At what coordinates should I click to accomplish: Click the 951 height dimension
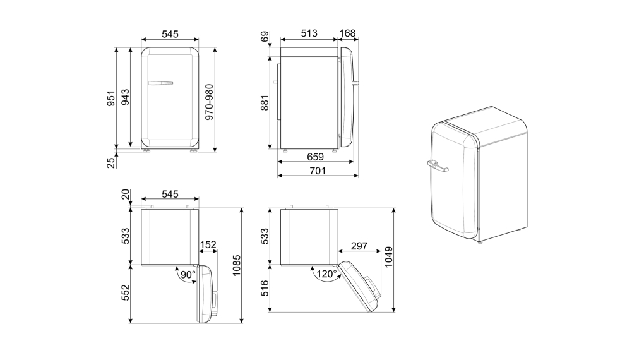(110, 98)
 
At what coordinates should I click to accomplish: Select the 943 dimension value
(125, 98)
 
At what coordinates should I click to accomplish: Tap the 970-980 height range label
(210, 101)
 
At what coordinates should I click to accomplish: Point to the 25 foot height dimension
(110, 162)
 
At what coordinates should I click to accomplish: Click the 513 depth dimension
(309, 33)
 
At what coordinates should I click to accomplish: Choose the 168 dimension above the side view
(348, 33)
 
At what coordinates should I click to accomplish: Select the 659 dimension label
(315, 157)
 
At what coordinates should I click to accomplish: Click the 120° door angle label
(326, 275)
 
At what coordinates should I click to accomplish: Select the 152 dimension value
(208, 245)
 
